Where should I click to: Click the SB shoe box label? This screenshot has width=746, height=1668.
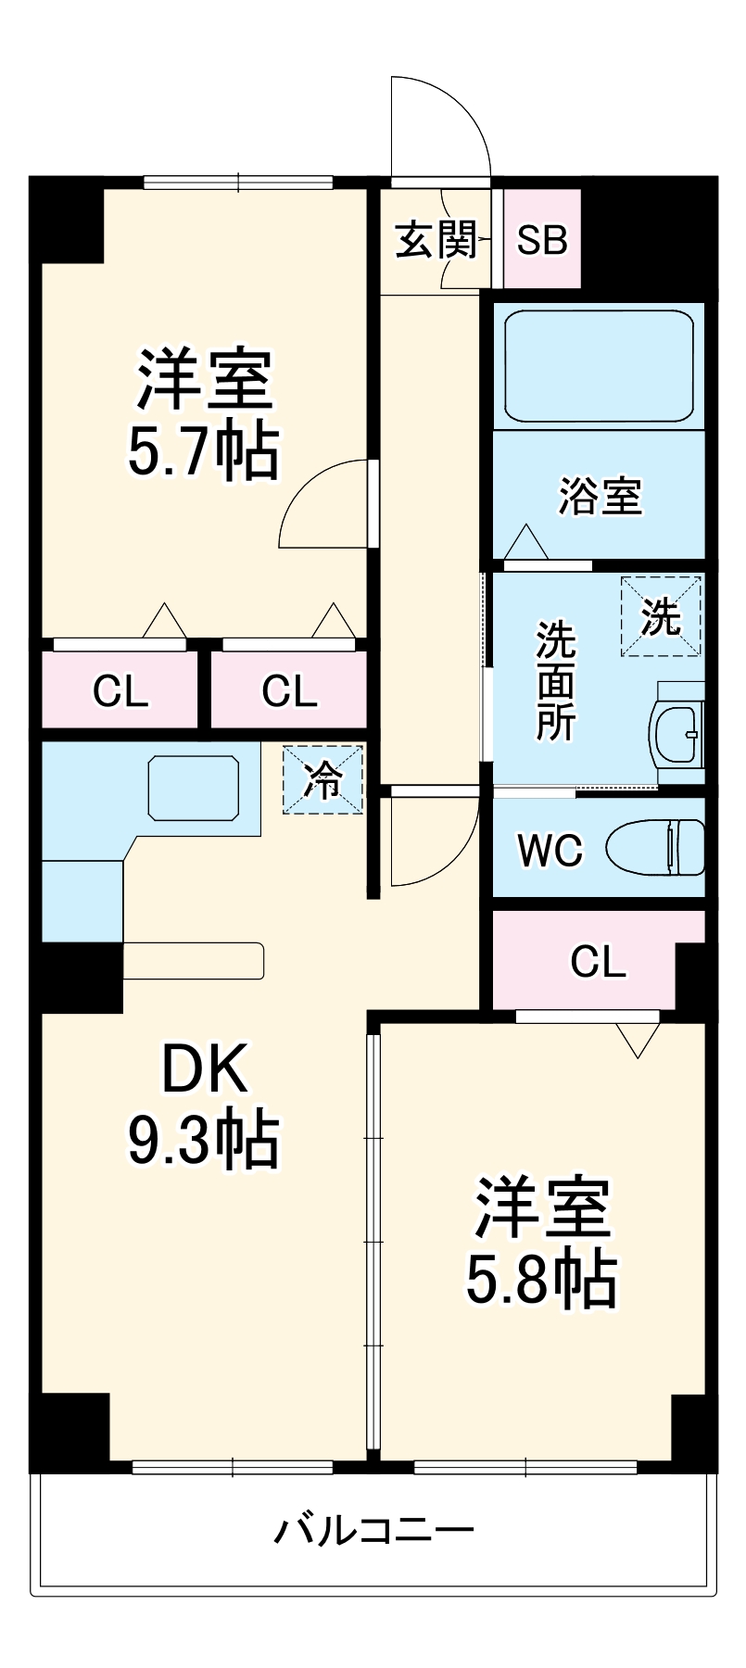(x=542, y=241)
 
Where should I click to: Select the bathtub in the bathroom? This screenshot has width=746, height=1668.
(x=599, y=365)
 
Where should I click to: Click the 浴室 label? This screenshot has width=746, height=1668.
(x=600, y=497)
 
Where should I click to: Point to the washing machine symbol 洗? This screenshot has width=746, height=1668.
(x=661, y=616)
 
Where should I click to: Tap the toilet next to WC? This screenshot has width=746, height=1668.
(x=656, y=846)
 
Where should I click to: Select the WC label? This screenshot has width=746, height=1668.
(x=550, y=850)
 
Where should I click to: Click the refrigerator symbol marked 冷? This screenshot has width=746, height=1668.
(x=322, y=780)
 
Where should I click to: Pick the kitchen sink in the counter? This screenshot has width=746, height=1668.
(x=192, y=787)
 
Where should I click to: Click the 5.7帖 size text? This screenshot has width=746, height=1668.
(x=203, y=451)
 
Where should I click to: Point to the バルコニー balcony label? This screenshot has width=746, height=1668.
(x=373, y=1530)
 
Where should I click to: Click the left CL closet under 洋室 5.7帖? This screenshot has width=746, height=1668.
(x=120, y=691)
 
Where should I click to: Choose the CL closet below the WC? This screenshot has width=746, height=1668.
(x=598, y=962)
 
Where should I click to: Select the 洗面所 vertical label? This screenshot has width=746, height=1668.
(x=556, y=681)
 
